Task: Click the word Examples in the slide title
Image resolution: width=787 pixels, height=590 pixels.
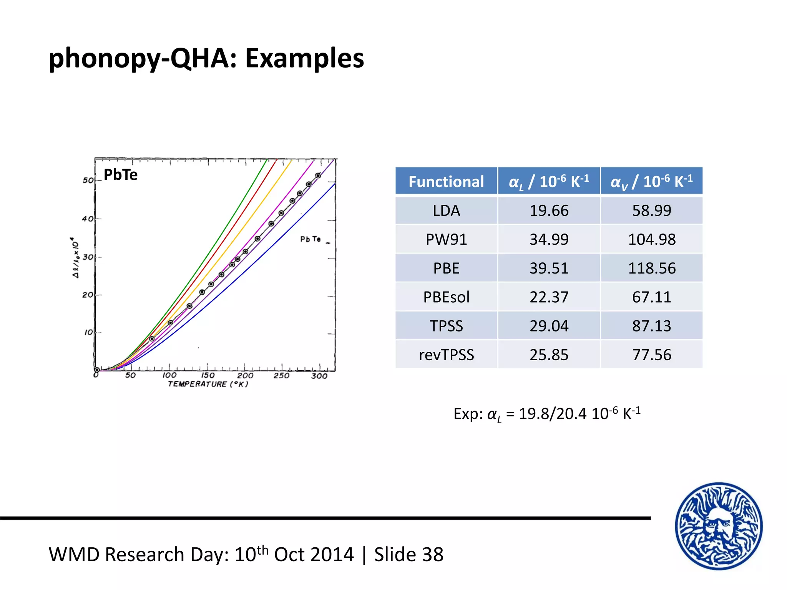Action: tap(304, 58)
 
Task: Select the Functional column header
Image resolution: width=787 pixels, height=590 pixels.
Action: tap(446, 181)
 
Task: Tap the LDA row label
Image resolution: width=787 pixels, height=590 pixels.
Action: tap(446, 210)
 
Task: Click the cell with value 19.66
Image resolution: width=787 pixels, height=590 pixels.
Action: tap(549, 210)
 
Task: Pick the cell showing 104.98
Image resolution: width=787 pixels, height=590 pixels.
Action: tap(651, 239)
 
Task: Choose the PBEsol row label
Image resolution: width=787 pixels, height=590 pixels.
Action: tap(446, 297)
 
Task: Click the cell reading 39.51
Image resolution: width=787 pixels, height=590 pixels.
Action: tap(549, 268)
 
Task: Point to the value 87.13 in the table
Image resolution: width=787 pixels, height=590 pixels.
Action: tap(651, 326)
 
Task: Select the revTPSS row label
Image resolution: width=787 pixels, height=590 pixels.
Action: tap(446, 355)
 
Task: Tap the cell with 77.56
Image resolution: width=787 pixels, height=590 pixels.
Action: tap(651, 355)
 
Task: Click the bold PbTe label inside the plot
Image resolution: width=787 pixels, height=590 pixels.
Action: tap(120, 175)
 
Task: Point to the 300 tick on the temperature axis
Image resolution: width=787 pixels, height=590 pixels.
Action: tap(319, 376)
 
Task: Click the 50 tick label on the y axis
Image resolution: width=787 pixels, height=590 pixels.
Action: tap(88, 180)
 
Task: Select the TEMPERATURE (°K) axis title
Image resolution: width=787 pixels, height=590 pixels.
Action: tap(208, 384)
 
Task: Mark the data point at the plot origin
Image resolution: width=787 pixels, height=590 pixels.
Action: tap(97, 370)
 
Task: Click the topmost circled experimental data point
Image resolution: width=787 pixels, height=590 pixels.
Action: tap(318, 176)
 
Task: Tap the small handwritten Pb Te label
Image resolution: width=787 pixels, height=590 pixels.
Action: tap(310, 239)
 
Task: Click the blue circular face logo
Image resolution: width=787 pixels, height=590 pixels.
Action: tap(719, 526)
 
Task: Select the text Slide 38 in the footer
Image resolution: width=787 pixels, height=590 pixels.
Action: tap(409, 555)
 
